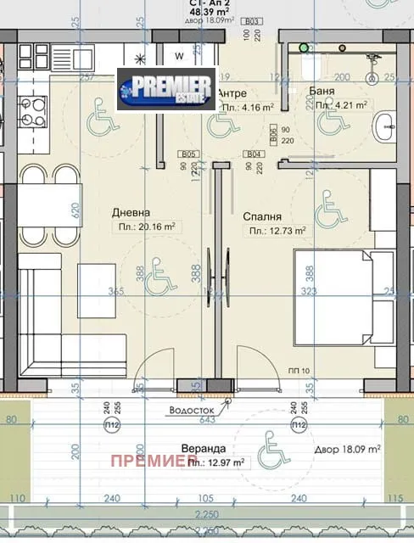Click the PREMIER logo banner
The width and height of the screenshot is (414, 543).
(166, 89)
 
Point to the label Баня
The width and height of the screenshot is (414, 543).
(331, 92)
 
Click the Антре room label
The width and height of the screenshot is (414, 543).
(232, 93)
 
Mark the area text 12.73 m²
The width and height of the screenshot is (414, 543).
(277, 230)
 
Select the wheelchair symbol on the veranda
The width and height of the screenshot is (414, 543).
(272, 445)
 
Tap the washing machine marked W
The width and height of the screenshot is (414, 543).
(180, 56)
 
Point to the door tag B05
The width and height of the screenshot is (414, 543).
(188, 154)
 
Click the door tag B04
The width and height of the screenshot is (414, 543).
(252, 154)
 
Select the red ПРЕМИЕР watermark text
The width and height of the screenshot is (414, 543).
(148, 461)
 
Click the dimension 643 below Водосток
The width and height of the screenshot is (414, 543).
(207, 419)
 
